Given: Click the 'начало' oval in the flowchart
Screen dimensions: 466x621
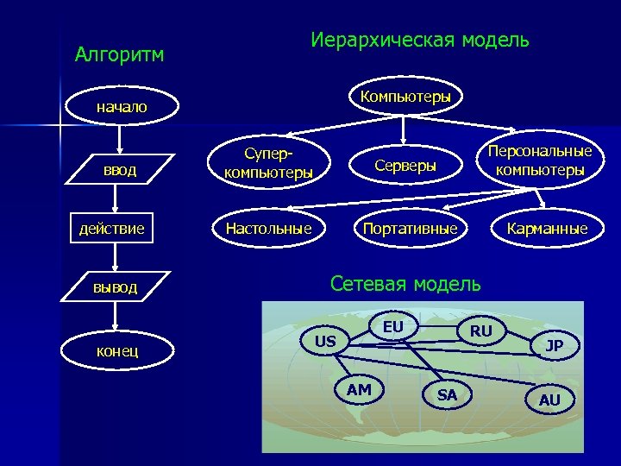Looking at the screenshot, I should point(121,108).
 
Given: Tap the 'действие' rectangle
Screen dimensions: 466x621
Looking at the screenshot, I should point(111,229).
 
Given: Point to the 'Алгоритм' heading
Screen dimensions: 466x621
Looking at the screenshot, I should point(119,55).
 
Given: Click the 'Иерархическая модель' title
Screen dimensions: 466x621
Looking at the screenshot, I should point(420,40).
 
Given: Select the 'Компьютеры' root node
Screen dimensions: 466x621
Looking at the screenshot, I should point(405,96).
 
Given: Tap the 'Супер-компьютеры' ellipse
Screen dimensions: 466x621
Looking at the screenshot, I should point(268,162).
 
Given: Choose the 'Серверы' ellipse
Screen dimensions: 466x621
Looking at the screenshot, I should point(405,165).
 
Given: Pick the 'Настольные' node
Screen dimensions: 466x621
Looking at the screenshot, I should point(268,229).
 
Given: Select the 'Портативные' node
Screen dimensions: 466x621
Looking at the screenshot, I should point(410,229).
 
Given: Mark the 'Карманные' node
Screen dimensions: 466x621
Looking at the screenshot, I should point(548,229).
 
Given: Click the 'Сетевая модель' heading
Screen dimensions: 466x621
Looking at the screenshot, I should point(406,283).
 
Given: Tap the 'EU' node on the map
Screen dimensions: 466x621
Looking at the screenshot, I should point(392,327).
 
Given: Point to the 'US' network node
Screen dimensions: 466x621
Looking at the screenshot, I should point(325,342).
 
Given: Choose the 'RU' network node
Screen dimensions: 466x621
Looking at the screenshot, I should point(481,331).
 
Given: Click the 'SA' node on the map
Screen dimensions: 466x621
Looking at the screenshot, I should point(447,395).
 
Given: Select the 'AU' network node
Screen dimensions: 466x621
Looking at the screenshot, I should point(549,400).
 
